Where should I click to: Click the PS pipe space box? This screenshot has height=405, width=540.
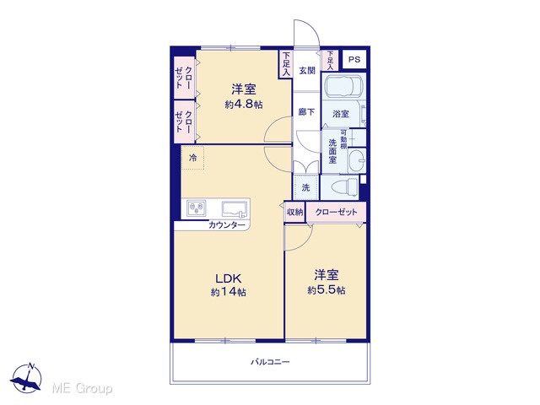pyautogui.click(x=354, y=60)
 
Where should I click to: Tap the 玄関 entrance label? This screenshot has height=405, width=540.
pyautogui.click(x=307, y=71)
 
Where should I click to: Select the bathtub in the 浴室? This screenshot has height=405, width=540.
pyautogui.click(x=344, y=86)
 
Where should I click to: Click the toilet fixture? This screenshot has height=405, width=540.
pyautogui.click(x=344, y=187)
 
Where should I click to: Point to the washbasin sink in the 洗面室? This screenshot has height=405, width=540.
pyautogui.click(x=357, y=161)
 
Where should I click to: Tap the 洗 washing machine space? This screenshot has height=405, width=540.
pyautogui.click(x=305, y=187)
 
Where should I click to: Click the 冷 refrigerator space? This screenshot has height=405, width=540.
pyautogui.click(x=193, y=158)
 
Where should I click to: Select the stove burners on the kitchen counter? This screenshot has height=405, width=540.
pyautogui.click(x=197, y=208)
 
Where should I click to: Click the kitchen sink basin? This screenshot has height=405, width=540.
pyautogui.click(x=235, y=208)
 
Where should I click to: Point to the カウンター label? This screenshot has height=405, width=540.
pyautogui.click(x=227, y=225)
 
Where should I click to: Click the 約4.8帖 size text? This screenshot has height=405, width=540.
pyautogui.click(x=244, y=105)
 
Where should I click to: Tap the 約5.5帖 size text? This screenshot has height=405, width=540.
pyautogui.click(x=327, y=290)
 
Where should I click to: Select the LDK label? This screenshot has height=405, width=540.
pyautogui.click(x=229, y=278)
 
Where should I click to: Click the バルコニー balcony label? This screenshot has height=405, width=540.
pyautogui.click(x=270, y=362)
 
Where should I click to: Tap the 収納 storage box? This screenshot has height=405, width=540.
pyautogui.click(x=294, y=213)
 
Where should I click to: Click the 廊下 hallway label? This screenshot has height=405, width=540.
pyautogui.click(x=306, y=112)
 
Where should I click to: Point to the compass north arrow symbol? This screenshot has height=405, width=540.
pyautogui.click(x=26, y=378)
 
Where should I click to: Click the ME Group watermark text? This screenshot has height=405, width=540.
pyautogui.click(x=82, y=388)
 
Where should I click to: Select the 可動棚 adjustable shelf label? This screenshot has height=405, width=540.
pyautogui.click(x=343, y=139)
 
